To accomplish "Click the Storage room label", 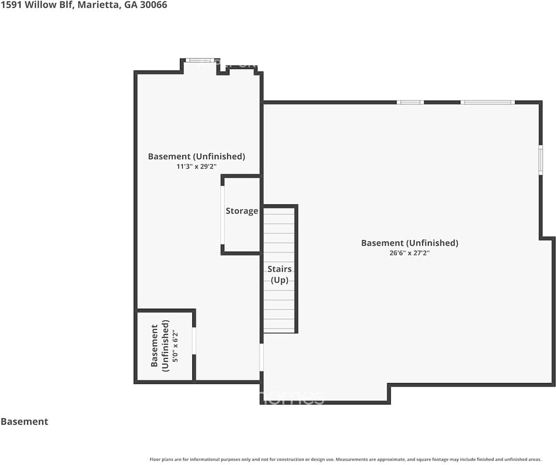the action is (242, 211).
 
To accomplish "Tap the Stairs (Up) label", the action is (279, 274).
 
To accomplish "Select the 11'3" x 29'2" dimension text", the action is (196, 167).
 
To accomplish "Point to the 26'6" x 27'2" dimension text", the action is (409, 253).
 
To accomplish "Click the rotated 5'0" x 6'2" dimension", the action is (175, 346).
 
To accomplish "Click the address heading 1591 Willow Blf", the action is (37, 5).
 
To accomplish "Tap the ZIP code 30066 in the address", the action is (153, 5).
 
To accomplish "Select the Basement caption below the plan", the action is (25, 421).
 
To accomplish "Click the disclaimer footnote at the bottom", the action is (346, 459).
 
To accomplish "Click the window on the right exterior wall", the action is (541, 159).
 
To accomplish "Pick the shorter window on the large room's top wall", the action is (410, 102).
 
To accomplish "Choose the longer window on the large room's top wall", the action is (488, 102).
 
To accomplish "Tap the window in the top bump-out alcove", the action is (200, 61).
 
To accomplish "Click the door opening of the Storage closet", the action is (223, 215).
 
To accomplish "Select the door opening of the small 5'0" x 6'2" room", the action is (194, 341).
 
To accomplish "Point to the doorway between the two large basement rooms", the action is (262, 357).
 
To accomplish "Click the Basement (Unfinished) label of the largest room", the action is (409, 243).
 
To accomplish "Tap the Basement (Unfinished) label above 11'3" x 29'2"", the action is (196, 156).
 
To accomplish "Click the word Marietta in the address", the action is (98, 5).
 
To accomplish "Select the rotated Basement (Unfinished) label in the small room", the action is (160, 346).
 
